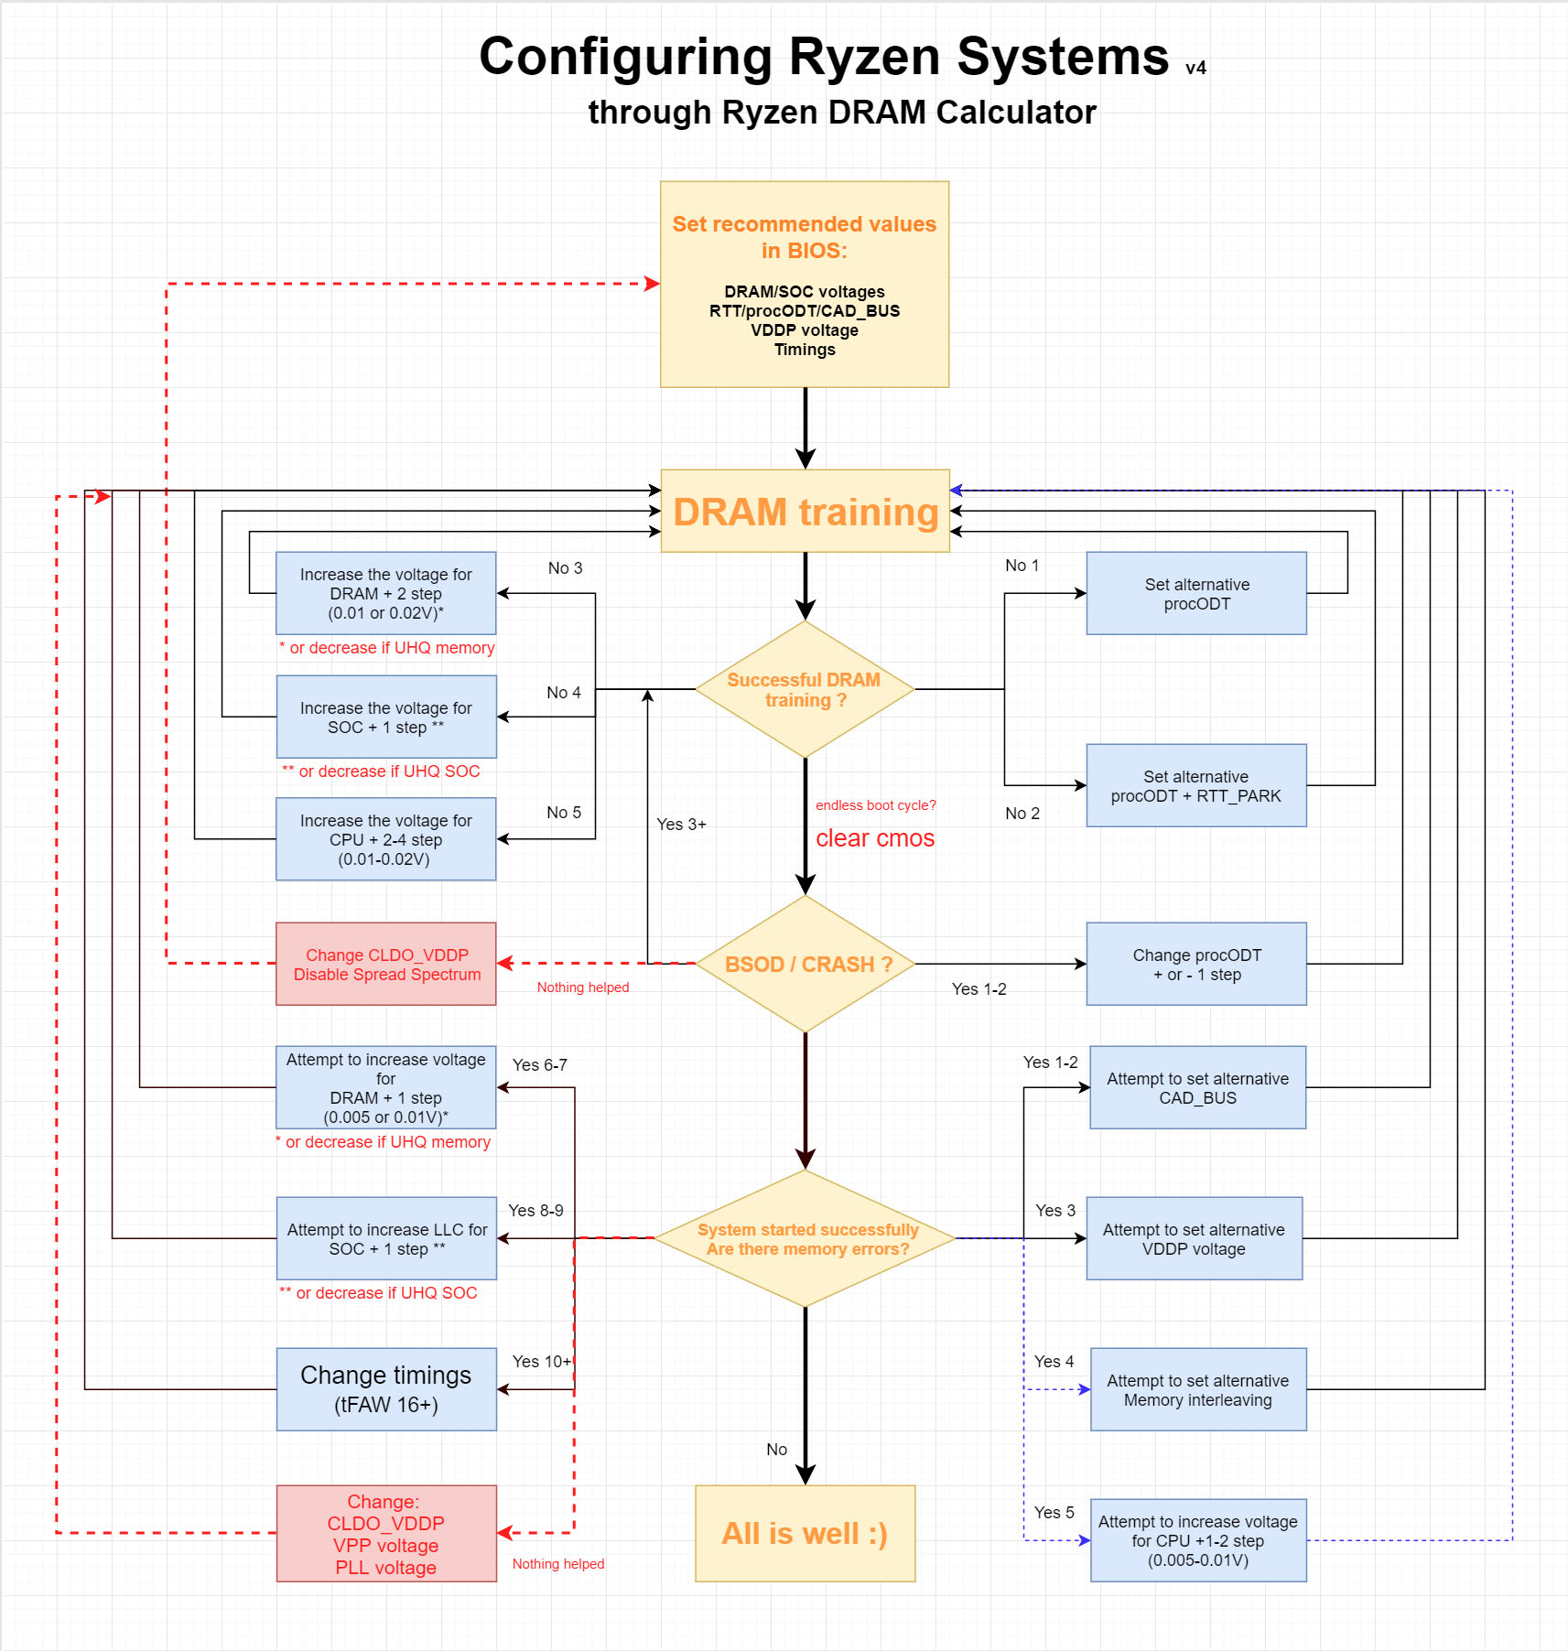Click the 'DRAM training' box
click(805, 512)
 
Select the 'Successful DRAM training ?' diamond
click(805, 690)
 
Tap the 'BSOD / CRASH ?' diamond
click(805, 965)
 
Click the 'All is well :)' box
click(805, 1534)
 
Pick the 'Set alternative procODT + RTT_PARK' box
click(1195, 786)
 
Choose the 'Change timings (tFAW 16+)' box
click(386, 1389)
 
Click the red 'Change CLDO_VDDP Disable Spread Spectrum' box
click(386, 965)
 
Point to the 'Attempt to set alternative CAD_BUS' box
click(1197, 1088)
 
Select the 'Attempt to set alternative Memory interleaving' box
click(1197, 1390)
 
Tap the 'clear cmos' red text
click(875, 838)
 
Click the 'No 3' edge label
click(565, 568)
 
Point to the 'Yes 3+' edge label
click(681, 825)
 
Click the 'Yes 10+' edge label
click(541, 1362)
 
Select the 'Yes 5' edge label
click(1054, 1513)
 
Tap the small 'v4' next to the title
click(1195, 69)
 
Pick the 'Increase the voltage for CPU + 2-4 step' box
click(386, 840)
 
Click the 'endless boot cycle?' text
click(875, 805)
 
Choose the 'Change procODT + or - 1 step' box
click(1196, 965)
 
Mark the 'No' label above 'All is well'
click(776, 1450)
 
